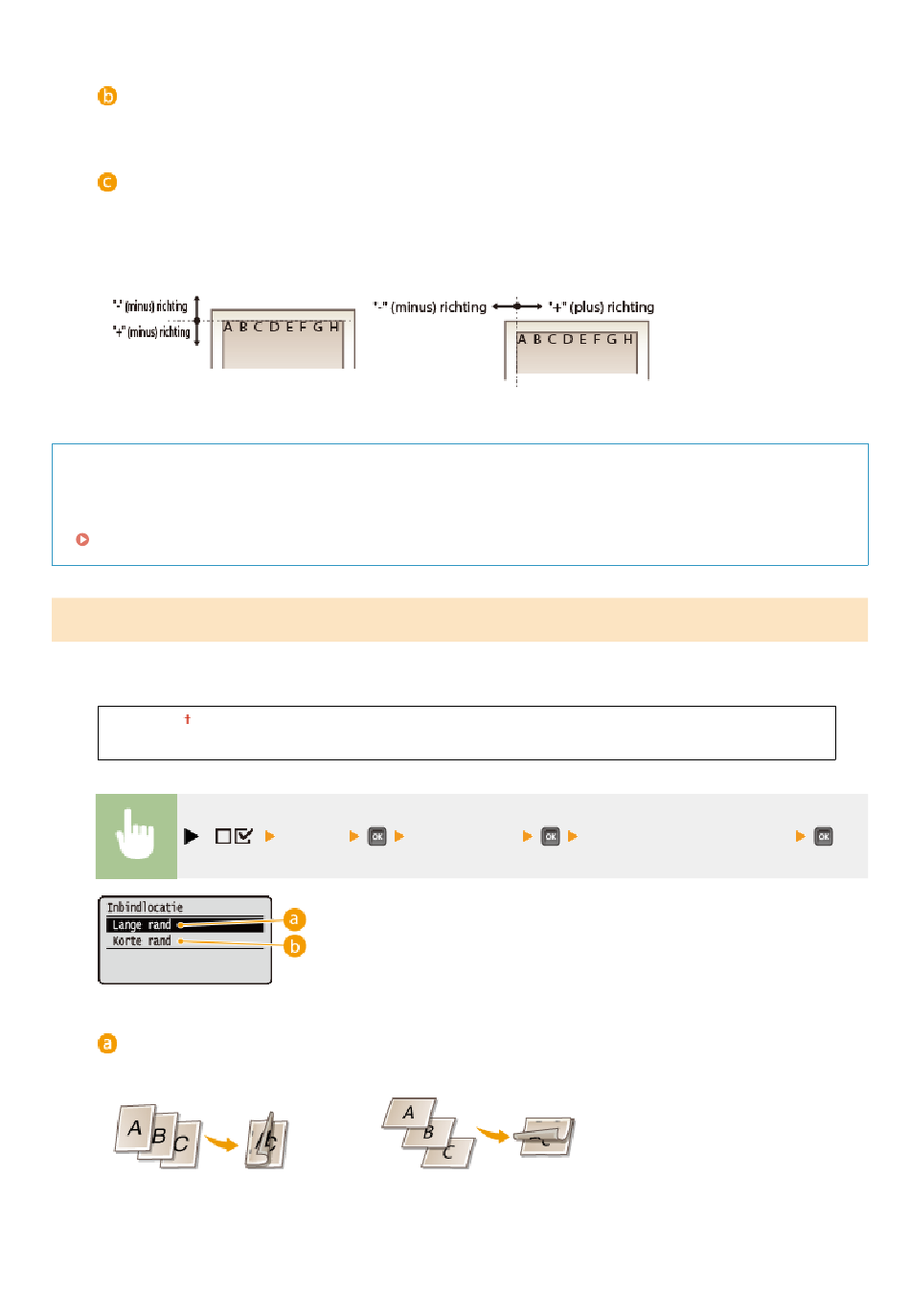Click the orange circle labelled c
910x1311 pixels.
[x=106, y=182]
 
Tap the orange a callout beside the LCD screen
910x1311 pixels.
[x=293, y=919]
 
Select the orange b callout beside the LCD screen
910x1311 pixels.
[x=294, y=946]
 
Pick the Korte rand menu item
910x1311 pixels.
[x=141, y=940]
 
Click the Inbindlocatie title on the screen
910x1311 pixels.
[x=144, y=907]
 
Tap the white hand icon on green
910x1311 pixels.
[x=135, y=835]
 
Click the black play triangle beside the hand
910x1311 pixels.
[x=191, y=836]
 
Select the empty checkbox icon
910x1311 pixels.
[x=222, y=836]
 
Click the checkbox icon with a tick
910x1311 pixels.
[x=243, y=836]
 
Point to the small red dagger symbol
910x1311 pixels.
[x=187, y=719]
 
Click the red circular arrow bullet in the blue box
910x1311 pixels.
[x=82, y=539]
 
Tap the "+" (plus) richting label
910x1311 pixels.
[x=601, y=306]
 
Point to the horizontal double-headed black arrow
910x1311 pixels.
[x=516, y=306]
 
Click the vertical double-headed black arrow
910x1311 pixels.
[x=196, y=320]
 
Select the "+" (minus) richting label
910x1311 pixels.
[x=151, y=332]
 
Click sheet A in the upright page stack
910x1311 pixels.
[x=135, y=1128]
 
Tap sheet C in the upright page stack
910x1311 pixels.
[x=180, y=1144]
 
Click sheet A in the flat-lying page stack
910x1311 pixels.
[x=409, y=1113]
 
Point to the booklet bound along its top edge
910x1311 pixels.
[x=545, y=1137]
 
